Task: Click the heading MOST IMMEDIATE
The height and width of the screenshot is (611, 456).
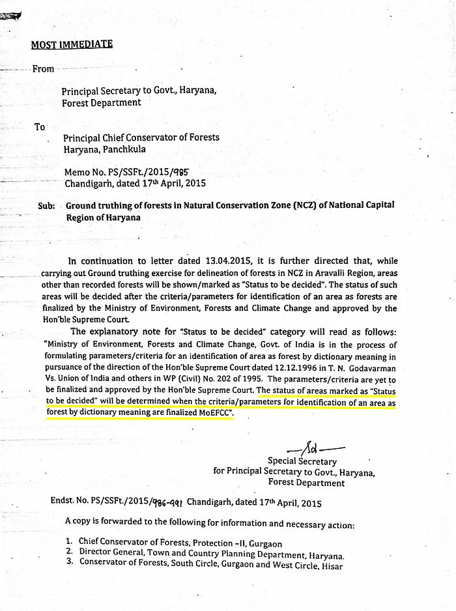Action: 72,44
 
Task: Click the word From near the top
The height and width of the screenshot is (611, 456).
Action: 44,69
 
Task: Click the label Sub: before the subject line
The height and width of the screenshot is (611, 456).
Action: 46,206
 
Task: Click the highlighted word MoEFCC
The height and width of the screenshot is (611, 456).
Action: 209,414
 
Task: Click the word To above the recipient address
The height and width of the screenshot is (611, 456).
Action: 40,128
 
